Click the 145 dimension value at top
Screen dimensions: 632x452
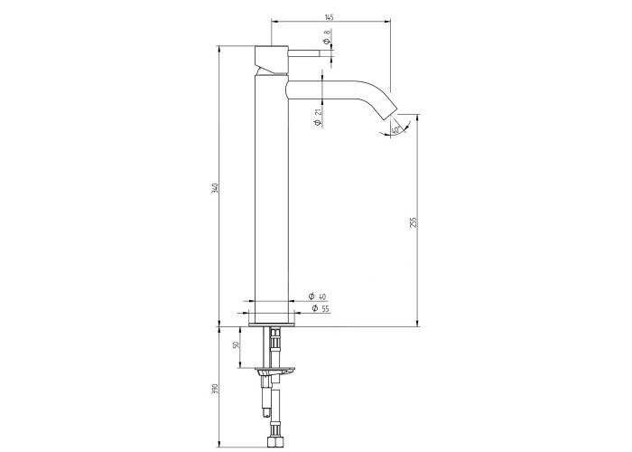[329, 17]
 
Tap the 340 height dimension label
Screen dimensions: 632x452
[215, 188]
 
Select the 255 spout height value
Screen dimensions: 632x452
[414, 222]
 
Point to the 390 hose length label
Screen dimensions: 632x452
[215, 389]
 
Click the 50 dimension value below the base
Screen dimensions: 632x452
[237, 345]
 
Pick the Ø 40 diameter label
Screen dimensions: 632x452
[317, 297]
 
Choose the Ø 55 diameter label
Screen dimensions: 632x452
[321, 309]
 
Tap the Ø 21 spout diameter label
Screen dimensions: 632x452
[317, 118]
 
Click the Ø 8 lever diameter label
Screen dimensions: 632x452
[327, 37]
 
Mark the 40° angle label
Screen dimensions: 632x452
[395, 130]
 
